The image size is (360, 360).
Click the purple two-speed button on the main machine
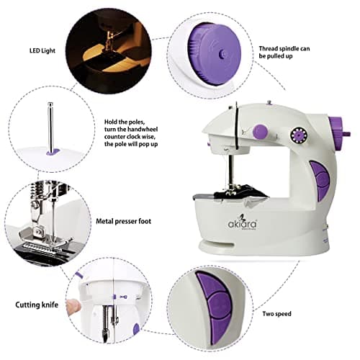pos(317,179)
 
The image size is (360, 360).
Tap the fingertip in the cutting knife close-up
pos(73,306)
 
